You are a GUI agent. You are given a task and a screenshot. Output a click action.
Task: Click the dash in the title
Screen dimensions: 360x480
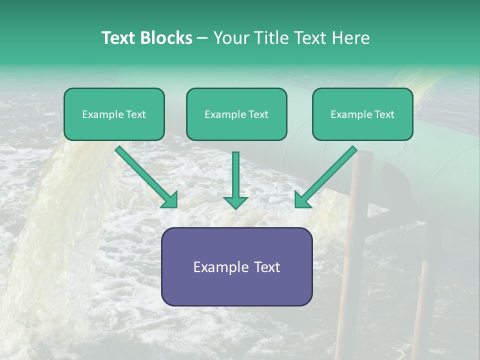(202, 38)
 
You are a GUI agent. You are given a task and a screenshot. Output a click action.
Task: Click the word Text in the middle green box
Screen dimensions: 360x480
(258, 114)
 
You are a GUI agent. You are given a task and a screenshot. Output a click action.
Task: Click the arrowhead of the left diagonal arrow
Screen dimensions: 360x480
(170, 200)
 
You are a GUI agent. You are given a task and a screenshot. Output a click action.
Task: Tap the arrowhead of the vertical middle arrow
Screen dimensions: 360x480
(235, 202)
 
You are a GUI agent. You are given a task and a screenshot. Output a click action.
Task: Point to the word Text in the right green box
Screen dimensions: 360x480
(384, 114)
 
